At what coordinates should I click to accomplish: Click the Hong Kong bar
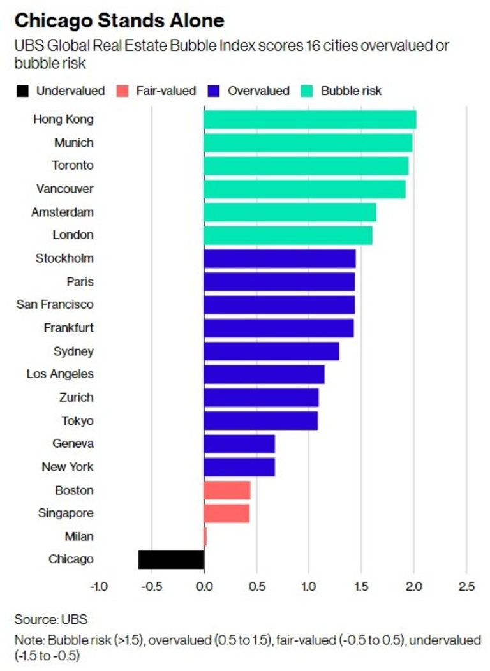[309, 120]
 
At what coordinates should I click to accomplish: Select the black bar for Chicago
[171, 559]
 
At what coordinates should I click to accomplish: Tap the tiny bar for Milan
[205, 536]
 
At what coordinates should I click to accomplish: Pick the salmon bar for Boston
[227, 490]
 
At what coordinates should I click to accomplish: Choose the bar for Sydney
[271, 351]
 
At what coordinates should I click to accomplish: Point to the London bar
[288, 235]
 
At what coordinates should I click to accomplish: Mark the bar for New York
[239, 467]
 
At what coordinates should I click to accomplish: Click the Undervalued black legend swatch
[22, 91]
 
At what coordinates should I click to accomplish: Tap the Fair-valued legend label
[166, 91]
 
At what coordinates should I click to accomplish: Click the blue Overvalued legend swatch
[214, 91]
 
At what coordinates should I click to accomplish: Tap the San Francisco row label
[55, 305]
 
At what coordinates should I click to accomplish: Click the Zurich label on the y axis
[76, 397]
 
